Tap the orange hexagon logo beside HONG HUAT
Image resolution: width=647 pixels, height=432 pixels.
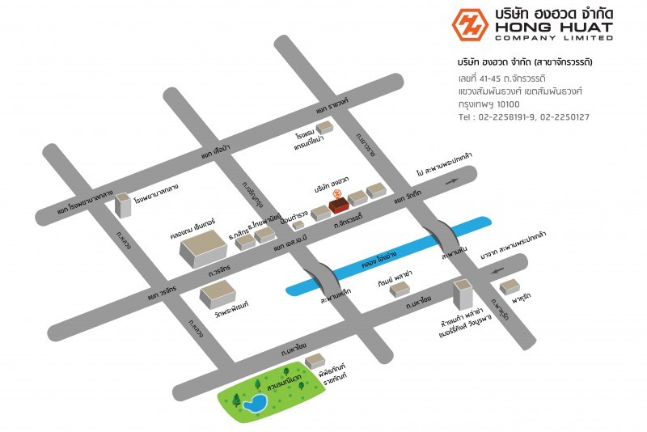pos(469,24)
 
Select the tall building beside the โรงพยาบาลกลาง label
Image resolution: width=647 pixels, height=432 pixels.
pos(123,205)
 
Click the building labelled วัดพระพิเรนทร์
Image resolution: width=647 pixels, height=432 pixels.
pos(217,292)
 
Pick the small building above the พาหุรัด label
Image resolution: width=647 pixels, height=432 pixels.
pos(510,286)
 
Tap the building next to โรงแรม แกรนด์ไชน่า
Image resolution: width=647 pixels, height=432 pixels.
pos(323,127)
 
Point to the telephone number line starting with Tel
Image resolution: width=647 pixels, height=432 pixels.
pos(523,117)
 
